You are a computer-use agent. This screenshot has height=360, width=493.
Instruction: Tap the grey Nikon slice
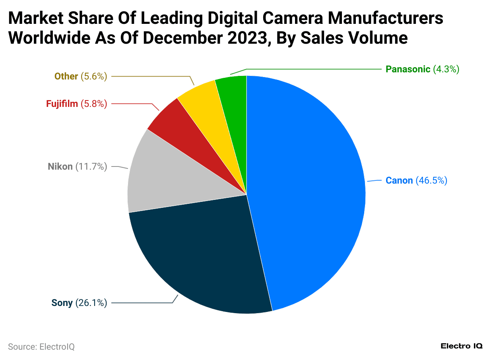[159, 179]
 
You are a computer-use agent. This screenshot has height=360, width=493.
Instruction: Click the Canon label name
[399, 181]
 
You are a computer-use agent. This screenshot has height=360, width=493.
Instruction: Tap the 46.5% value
[431, 181]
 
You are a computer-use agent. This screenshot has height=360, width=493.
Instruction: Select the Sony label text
[62, 303]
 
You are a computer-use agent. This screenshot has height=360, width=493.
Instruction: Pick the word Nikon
[60, 166]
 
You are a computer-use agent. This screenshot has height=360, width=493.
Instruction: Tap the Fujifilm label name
[62, 104]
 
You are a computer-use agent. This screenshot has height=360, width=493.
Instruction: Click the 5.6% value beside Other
[94, 76]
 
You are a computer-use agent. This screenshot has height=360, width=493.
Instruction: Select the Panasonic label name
[408, 69]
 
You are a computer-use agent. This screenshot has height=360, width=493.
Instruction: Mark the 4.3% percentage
[446, 69]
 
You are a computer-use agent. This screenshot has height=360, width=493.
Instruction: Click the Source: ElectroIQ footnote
[41, 346]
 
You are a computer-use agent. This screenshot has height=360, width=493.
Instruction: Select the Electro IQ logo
[462, 346]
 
